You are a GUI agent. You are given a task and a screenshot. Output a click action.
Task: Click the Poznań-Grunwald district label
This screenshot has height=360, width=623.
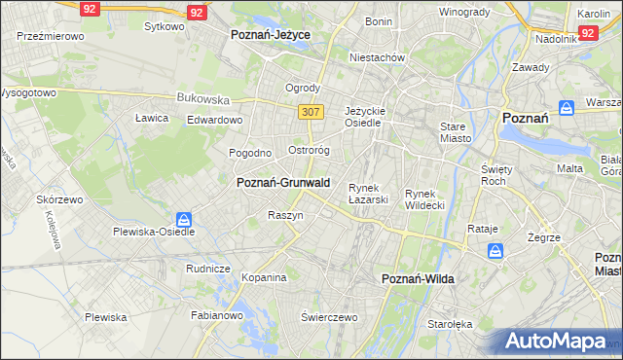pos(283,182)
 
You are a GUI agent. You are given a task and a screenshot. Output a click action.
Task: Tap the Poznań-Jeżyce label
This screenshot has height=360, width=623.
pos(270,33)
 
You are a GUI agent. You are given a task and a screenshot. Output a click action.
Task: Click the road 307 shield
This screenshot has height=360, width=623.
pos(311,112)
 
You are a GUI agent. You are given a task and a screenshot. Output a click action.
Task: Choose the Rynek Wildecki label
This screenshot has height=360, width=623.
pos(424,198)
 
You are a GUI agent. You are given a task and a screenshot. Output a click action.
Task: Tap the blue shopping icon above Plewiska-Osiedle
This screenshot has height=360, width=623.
pos(185,219)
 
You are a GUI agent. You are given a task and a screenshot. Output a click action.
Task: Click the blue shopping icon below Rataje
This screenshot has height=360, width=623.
pos(496,251)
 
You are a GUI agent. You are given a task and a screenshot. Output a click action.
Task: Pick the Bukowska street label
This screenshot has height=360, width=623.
pos(202,98)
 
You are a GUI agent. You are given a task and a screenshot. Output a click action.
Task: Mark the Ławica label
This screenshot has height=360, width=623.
pos(152,118)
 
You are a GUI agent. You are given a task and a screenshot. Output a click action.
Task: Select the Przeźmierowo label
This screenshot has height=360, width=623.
pos(50,35)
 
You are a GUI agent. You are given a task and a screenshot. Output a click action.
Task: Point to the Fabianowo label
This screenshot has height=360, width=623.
pos(215,315)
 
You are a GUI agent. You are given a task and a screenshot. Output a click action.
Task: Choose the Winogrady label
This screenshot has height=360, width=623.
pos(463,12)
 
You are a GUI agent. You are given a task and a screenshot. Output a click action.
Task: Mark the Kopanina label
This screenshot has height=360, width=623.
pos(264,277)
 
